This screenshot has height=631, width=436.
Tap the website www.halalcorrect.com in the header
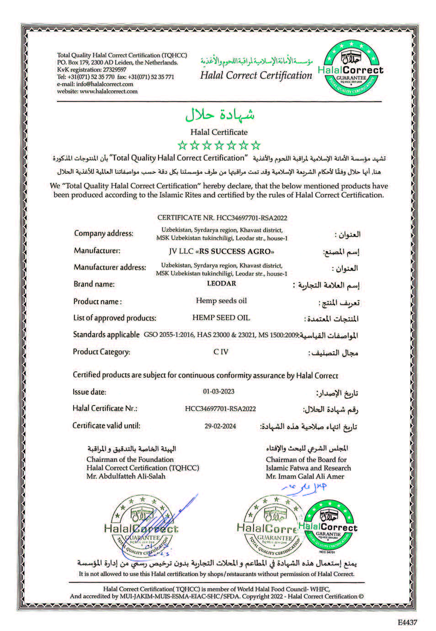coord(109,91)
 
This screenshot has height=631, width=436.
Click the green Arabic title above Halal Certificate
coord(220,114)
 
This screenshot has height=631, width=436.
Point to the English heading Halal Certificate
coord(219,132)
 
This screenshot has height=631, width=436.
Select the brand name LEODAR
coord(221,283)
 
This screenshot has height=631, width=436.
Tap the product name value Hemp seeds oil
coord(221,300)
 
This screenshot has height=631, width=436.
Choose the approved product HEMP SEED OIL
coord(221,317)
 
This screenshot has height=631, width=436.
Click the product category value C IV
coord(221,352)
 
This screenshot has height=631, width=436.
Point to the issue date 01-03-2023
coord(218,391)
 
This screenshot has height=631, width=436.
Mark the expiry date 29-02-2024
coord(220,426)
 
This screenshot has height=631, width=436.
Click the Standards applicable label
coord(106,335)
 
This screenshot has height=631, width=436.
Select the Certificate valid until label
coord(106,426)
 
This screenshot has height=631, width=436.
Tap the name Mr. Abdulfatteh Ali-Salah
coord(126,476)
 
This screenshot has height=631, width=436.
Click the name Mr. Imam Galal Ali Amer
coord(305,476)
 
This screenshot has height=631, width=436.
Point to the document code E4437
coord(407,622)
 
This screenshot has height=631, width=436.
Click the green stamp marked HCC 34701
coord(328,526)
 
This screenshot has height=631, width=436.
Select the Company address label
coord(104,234)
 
